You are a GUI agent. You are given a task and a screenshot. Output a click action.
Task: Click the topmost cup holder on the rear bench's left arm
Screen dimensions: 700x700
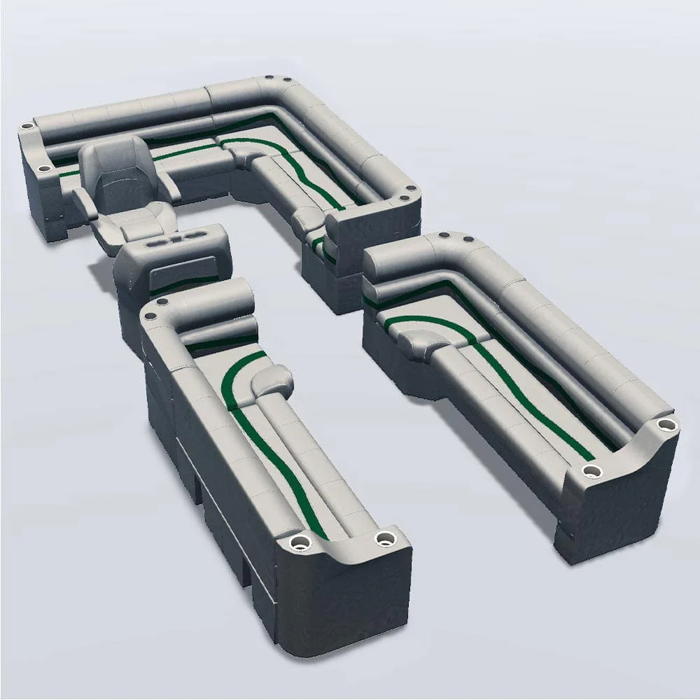coord(27,127)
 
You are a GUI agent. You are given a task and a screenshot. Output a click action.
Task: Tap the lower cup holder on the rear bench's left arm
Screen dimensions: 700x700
coord(43,169)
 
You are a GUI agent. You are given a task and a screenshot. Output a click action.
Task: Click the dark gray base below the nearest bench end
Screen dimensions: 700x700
coord(336,609)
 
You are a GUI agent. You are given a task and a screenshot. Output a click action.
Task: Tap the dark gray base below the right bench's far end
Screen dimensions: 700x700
coord(616,511)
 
